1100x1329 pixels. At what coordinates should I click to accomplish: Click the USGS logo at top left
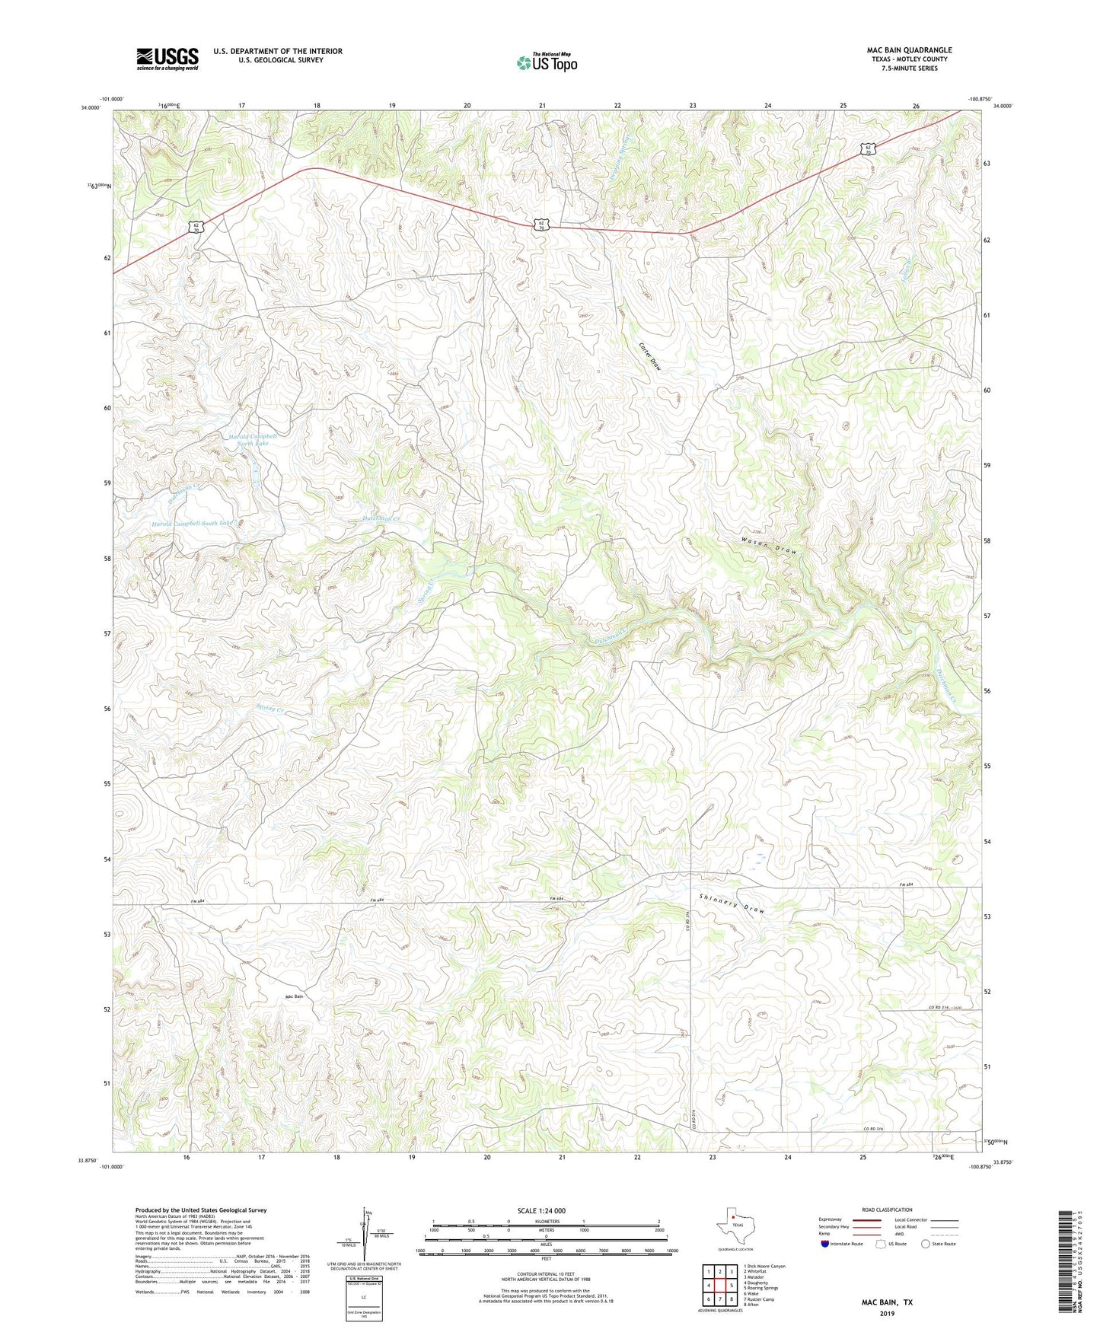coord(167,59)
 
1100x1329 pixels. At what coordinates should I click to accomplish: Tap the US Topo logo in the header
coord(547,63)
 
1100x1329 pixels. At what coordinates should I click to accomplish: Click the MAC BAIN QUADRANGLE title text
coord(909,50)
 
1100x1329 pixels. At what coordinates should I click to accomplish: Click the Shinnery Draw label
coord(731,903)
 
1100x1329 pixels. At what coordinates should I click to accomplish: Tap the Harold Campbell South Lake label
coord(192,524)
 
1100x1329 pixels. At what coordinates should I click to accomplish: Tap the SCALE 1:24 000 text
coord(541,1210)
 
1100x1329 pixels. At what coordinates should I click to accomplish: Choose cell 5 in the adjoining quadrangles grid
coord(731,1285)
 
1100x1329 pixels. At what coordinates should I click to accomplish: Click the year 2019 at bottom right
coord(887,1313)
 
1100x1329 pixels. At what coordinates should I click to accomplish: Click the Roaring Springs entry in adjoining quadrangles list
coord(762,1288)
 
